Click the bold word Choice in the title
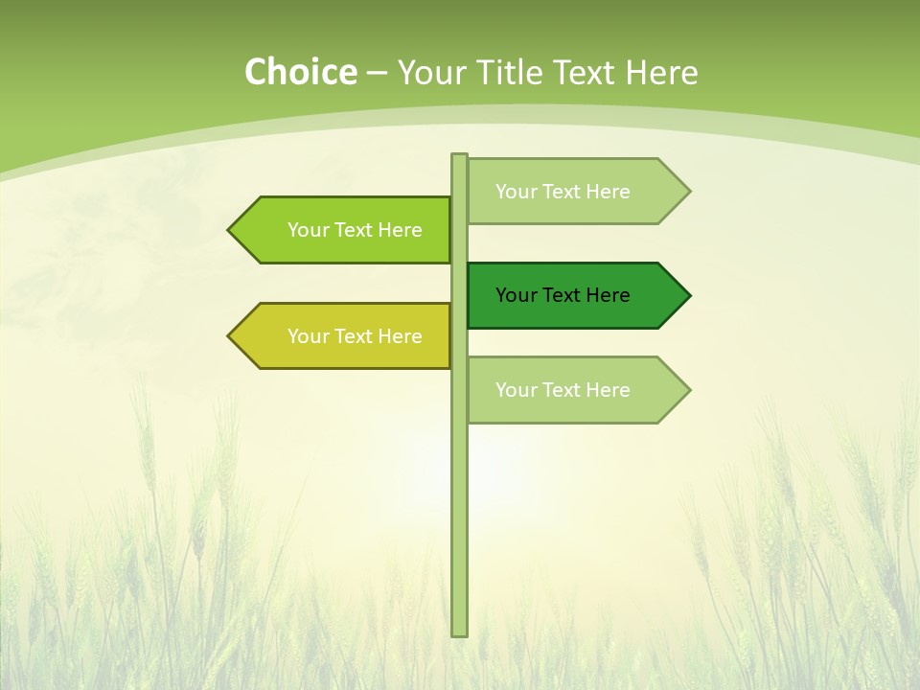coord(300,72)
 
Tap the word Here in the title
coord(661,73)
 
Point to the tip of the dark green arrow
coord(688,295)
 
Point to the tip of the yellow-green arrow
coord(230,335)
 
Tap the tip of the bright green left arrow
coord(230,230)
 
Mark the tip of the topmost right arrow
coord(688,192)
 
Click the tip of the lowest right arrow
coord(688,390)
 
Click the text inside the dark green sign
coord(563,295)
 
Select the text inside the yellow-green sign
coord(355,336)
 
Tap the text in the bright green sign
coord(355,230)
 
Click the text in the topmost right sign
coord(563,192)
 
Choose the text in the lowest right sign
coord(563,390)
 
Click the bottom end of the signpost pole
coord(459,632)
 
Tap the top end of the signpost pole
coord(459,156)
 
